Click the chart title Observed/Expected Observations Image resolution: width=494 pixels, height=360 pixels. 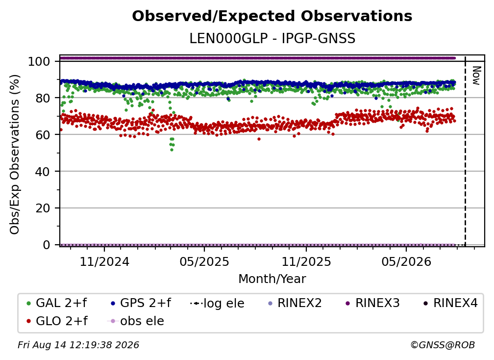point(272,16)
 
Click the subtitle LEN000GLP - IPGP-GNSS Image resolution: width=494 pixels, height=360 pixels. point(272,39)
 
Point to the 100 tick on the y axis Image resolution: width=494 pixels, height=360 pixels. point(39,61)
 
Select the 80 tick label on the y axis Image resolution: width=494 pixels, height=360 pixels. point(43,98)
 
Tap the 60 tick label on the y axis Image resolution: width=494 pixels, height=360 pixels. point(43,134)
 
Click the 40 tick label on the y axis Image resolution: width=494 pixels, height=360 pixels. point(43,172)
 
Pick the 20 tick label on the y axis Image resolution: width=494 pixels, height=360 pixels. point(43,208)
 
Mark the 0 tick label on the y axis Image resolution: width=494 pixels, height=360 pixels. point(47,245)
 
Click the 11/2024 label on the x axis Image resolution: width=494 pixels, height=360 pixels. point(104,261)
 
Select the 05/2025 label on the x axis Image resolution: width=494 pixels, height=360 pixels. point(204,261)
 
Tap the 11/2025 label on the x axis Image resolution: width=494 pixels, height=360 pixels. point(306,261)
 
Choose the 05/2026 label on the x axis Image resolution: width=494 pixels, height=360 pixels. point(406,261)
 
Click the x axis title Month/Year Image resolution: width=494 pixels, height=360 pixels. point(272,279)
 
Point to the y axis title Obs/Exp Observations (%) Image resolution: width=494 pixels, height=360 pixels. point(15,154)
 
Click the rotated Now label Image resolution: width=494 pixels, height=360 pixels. point(476,76)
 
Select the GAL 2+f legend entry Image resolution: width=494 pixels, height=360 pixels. point(57,303)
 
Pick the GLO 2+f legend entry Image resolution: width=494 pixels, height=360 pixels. point(57,321)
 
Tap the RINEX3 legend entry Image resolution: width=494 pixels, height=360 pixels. point(372,303)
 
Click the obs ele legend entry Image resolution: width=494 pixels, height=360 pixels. point(136,321)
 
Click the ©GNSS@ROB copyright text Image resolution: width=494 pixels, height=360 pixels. point(443,345)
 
